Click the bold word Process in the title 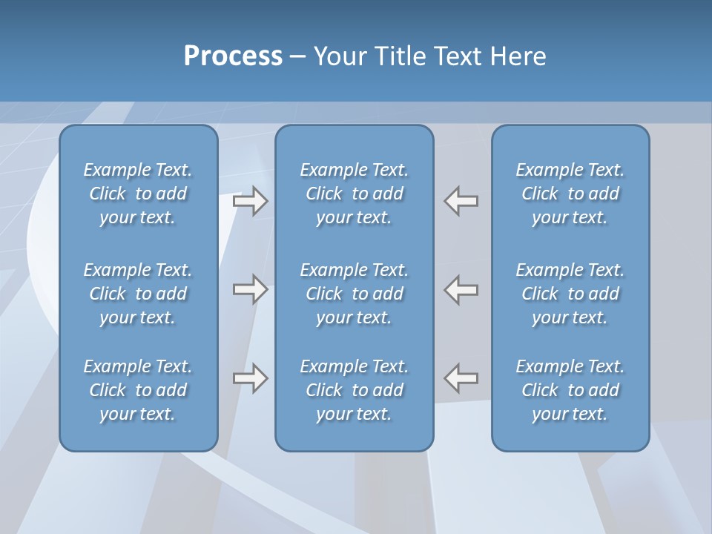pyautogui.click(x=233, y=56)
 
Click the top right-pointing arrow pyautogui.click(x=250, y=201)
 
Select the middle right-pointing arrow pyautogui.click(x=250, y=289)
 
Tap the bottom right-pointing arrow pyautogui.click(x=250, y=378)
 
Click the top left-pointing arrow pyautogui.click(x=461, y=201)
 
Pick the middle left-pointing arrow pyautogui.click(x=461, y=289)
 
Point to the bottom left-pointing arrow pyautogui.click(x=461, y=378)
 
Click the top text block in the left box pyautogui.click(x=138, y=194)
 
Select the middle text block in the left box pyautogui.click(x=138, y=294)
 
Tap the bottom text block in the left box pyautogui.click(x=138, y=390)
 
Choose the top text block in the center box pyautogui.click(x=355, y=194)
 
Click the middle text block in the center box pyautogui.click(x=355, y=294)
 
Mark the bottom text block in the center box pyautogui.click(x=355, y=390)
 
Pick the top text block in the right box pyautogui.click(x=570, y=194)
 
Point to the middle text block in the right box pyautogui.click(x=570, y=294)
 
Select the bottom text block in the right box pyautogui.click(x=570, y=390)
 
